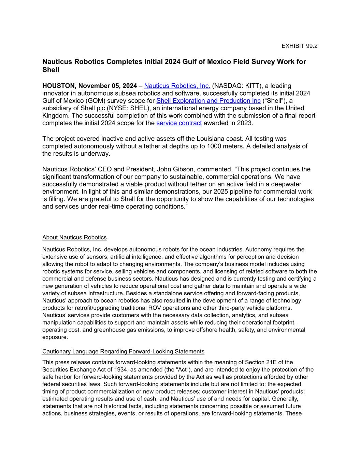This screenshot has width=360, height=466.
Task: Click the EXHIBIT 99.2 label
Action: point(299,46)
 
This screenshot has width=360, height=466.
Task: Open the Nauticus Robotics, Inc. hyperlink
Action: point(177,86)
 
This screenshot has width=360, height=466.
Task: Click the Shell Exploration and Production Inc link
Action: point(208,101)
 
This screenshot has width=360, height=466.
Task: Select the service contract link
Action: point(179,123)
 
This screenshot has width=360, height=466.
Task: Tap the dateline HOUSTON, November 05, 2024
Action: point(89,86)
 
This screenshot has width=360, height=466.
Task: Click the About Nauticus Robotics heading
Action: point(74,238)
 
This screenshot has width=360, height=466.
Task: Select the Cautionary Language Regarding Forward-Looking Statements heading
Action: point(123,352)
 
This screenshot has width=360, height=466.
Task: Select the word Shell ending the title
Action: point(51,70)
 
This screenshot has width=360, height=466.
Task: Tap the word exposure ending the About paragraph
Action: point(55,337)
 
